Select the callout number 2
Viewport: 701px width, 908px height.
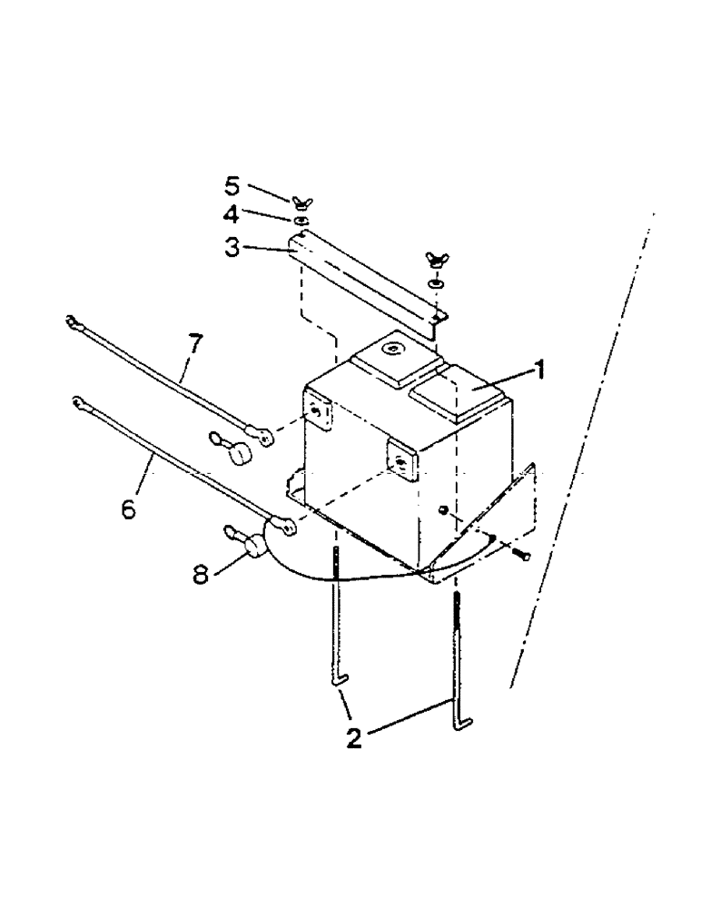coord(354,736)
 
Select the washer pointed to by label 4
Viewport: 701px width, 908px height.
coord(301,220)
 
